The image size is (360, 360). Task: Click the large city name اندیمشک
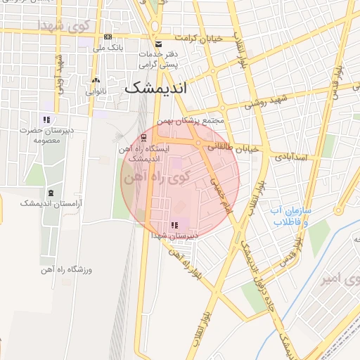coord(156,89)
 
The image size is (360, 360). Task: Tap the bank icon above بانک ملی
coord(108,37)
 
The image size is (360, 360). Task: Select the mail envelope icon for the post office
coord(157,44)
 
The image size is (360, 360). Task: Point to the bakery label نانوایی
coord(96,91)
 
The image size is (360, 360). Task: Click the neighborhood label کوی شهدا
coord(65,26)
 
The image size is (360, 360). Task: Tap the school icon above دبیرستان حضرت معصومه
coord(47,120)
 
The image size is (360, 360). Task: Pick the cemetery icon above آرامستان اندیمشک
coord(50,193)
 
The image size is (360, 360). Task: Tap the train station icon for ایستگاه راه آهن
coord(143,137)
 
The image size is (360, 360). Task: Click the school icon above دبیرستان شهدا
coord(174,226)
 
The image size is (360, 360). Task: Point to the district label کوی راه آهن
coord(150,177)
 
